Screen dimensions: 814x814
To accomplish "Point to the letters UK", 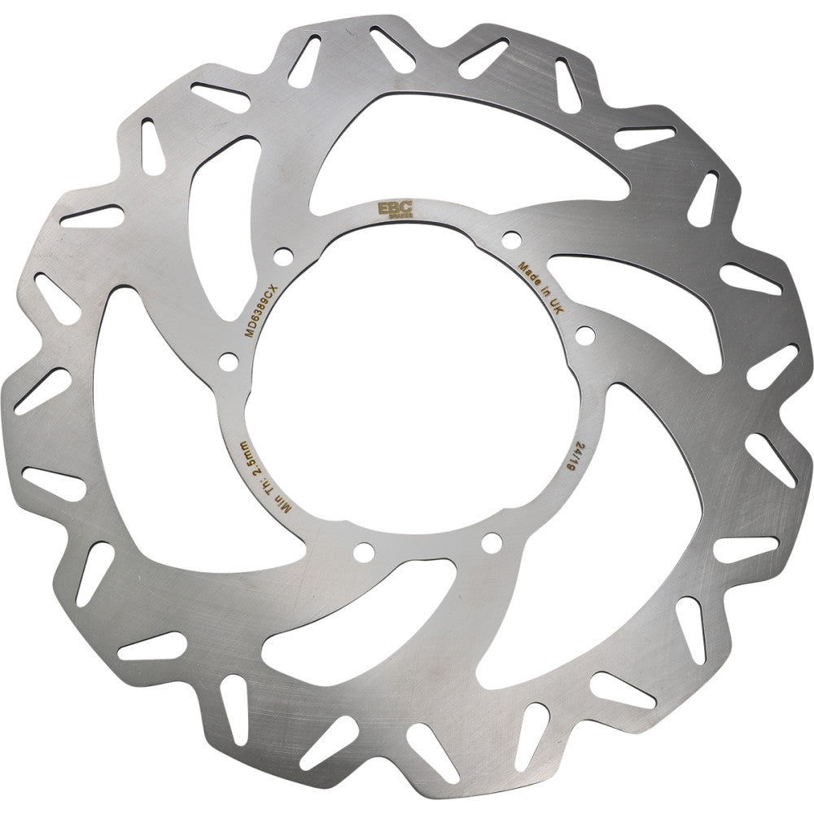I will click(x=558, y=307).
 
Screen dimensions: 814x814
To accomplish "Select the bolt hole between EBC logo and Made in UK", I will click(x=511, y=239).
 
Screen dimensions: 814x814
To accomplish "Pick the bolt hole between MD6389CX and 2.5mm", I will click(x=228, y=359).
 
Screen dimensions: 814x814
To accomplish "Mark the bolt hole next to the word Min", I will click(x=363, y=553).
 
